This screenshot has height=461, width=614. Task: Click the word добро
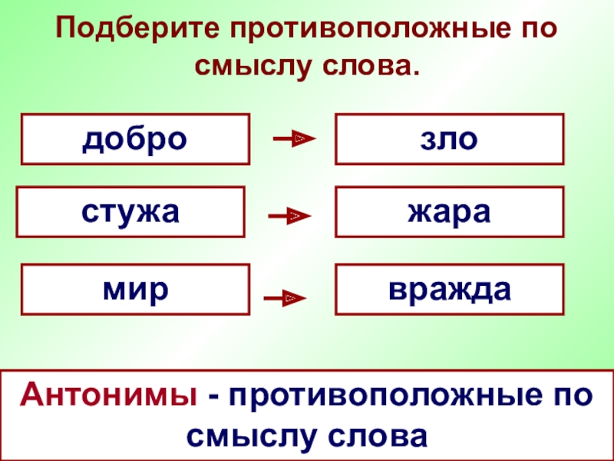click(135, 139)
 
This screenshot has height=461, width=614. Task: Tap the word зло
click(449, 139)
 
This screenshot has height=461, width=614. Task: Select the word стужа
click(130, 211)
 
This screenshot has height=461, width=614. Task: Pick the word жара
click(449, 211)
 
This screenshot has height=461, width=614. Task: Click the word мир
click(135, 290)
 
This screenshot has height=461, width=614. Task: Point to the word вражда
click(449, 290)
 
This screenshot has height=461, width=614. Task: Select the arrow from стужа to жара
click(289, 217)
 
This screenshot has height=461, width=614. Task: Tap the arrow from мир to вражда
click(285, 297)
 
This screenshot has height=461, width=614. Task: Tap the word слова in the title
click(370, 68)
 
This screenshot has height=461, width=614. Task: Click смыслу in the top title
click(253, 68)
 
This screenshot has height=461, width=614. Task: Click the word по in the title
click(539, 32)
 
